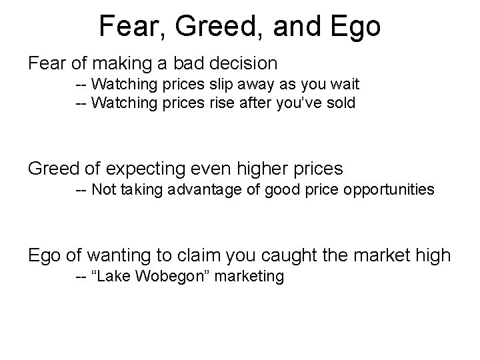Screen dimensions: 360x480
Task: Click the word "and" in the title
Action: coord(298,26)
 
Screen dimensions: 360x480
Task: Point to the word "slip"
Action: coord(229,85)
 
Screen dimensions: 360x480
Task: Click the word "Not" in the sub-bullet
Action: coord(103,190)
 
